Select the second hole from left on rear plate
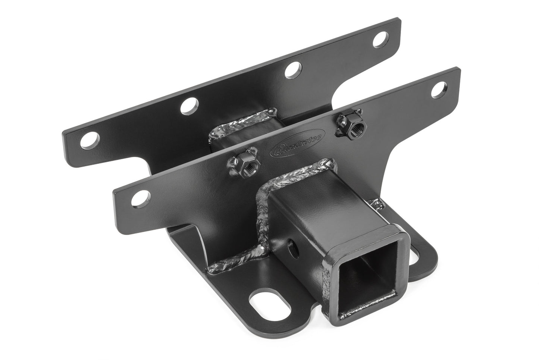(x=188, y=106)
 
